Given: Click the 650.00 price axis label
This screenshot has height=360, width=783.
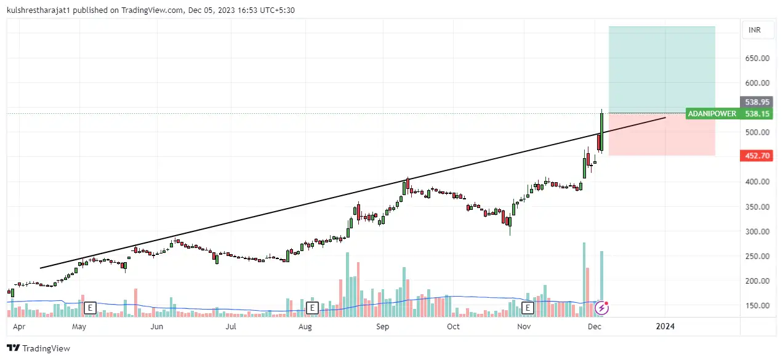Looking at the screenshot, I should click(757, 58).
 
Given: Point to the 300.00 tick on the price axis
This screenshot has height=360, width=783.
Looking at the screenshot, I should click(757, 231).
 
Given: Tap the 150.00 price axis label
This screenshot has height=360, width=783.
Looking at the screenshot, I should click(757, 305).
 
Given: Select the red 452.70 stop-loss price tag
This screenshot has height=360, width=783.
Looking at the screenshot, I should click(757, 156).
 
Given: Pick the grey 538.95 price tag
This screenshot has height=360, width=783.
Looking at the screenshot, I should click(757, 102).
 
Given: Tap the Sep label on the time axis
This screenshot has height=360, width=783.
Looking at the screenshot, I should click(383, 327).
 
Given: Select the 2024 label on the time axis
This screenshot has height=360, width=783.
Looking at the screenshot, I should click(665, 327).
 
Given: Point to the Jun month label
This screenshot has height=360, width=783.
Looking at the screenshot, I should click(157, 327).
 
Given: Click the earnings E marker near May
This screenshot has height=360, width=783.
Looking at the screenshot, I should click(90, 306).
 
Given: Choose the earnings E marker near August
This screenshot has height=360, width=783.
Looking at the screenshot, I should click(312, 306).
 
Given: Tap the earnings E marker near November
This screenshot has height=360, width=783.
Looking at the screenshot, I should click(528, 306).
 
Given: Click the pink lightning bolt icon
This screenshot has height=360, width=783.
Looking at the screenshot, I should click(601, 307).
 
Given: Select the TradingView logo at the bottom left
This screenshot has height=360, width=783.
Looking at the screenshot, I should click(39, 348).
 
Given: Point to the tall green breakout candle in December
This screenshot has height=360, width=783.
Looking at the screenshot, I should click(601, 130).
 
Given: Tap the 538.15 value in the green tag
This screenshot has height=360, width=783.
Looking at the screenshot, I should click(757, 114).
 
